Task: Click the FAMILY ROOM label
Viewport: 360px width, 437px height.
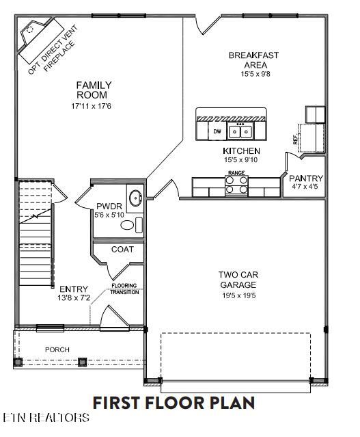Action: coord(94,90)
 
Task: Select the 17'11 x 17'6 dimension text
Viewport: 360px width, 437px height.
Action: coord(94,107)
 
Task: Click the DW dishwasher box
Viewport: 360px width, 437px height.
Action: coord(217,131)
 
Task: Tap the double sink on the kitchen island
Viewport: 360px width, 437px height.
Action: coord(240,131)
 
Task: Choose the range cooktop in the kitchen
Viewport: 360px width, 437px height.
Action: coord(236,185)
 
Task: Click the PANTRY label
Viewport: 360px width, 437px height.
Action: coord(306,178)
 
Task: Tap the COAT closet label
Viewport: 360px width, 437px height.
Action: coord(122,249)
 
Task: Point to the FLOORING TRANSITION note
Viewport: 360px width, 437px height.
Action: coord(125,288)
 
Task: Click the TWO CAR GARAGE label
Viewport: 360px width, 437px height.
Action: coord(237,280)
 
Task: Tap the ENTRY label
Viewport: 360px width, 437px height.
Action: coord(74,289)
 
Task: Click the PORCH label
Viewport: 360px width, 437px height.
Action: coord(57,349)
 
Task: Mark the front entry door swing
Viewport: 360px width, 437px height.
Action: coord(111,317)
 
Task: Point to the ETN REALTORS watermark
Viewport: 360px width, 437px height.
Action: coord(46,416)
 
